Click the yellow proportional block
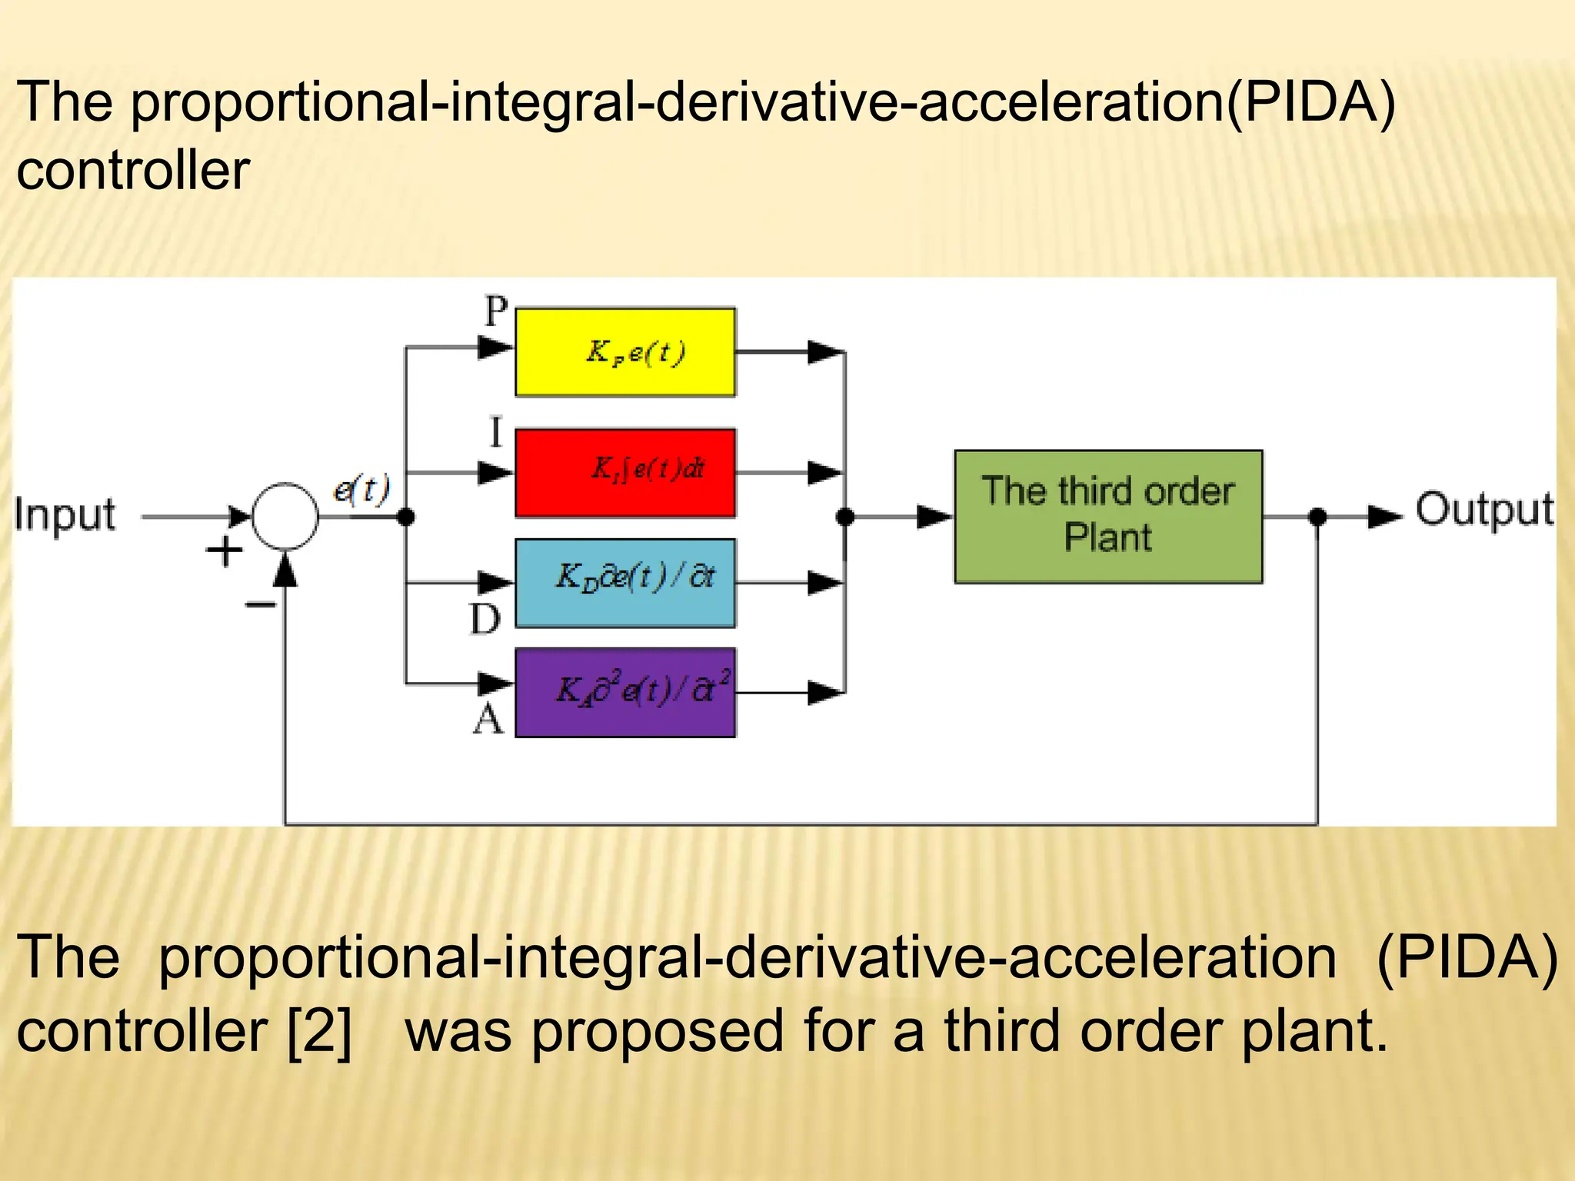tap(624, 352)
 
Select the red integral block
tap(624, 472)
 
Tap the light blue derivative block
tap(624, 583)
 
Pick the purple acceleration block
tap(624, 692)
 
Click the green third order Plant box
tap(1107, 516)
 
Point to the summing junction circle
tap(285, 516)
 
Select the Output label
tap(1484, 510)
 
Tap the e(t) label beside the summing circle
tap(361, 489)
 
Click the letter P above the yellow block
tap(496, 312)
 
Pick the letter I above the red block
tap(496, 433)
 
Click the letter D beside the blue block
tap(484, 618)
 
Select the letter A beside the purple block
tap(488, 720)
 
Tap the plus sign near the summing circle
tap(225, 551)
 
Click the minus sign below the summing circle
tap(260, 605)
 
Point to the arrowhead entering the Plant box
tap(935, 517)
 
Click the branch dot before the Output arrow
tap(1317, 516)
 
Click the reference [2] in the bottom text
tap(319, 1031)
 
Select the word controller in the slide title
tap(133, 170)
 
